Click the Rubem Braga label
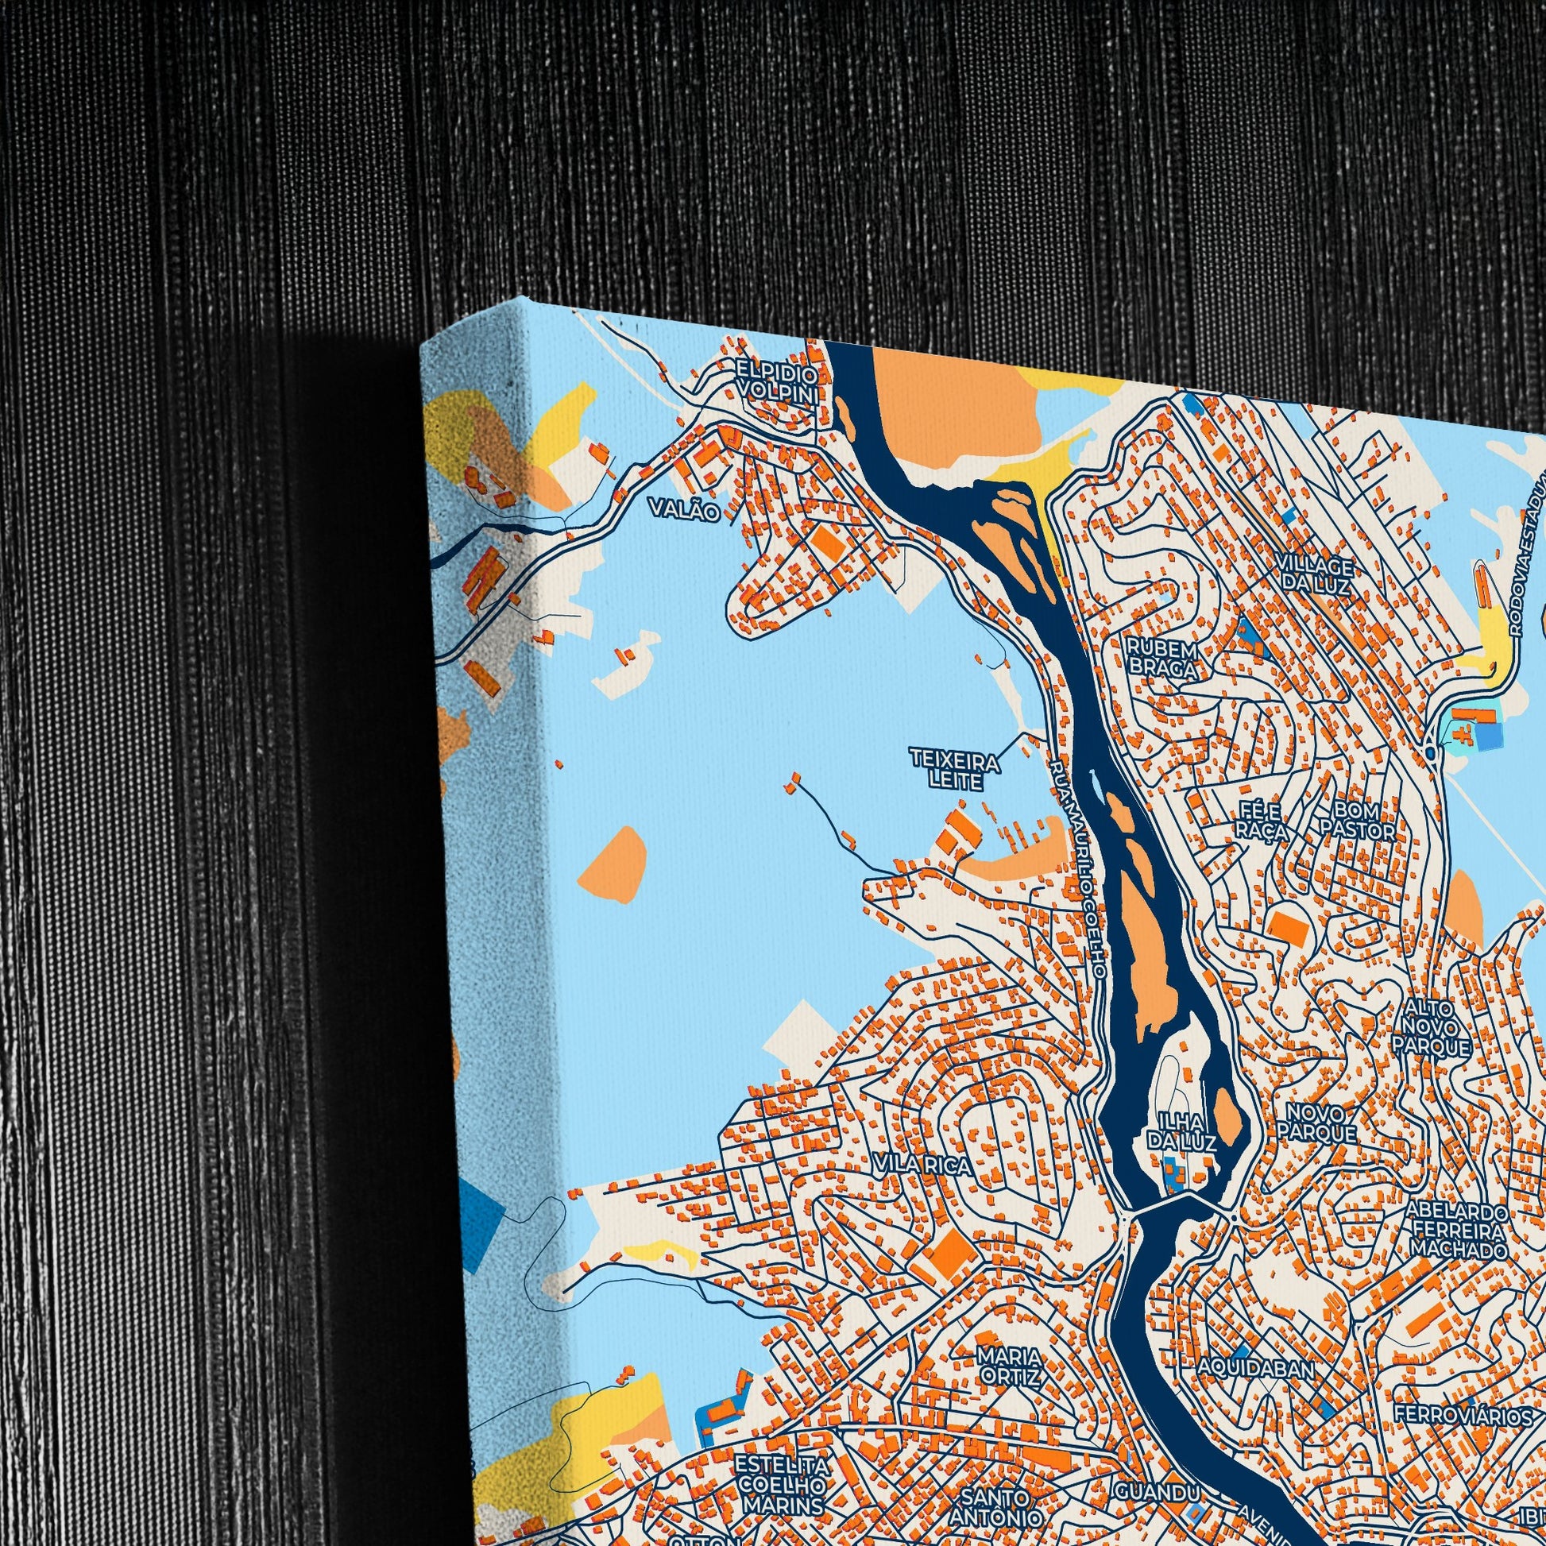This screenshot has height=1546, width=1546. point(1162,659)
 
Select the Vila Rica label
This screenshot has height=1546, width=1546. point(923,1165)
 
